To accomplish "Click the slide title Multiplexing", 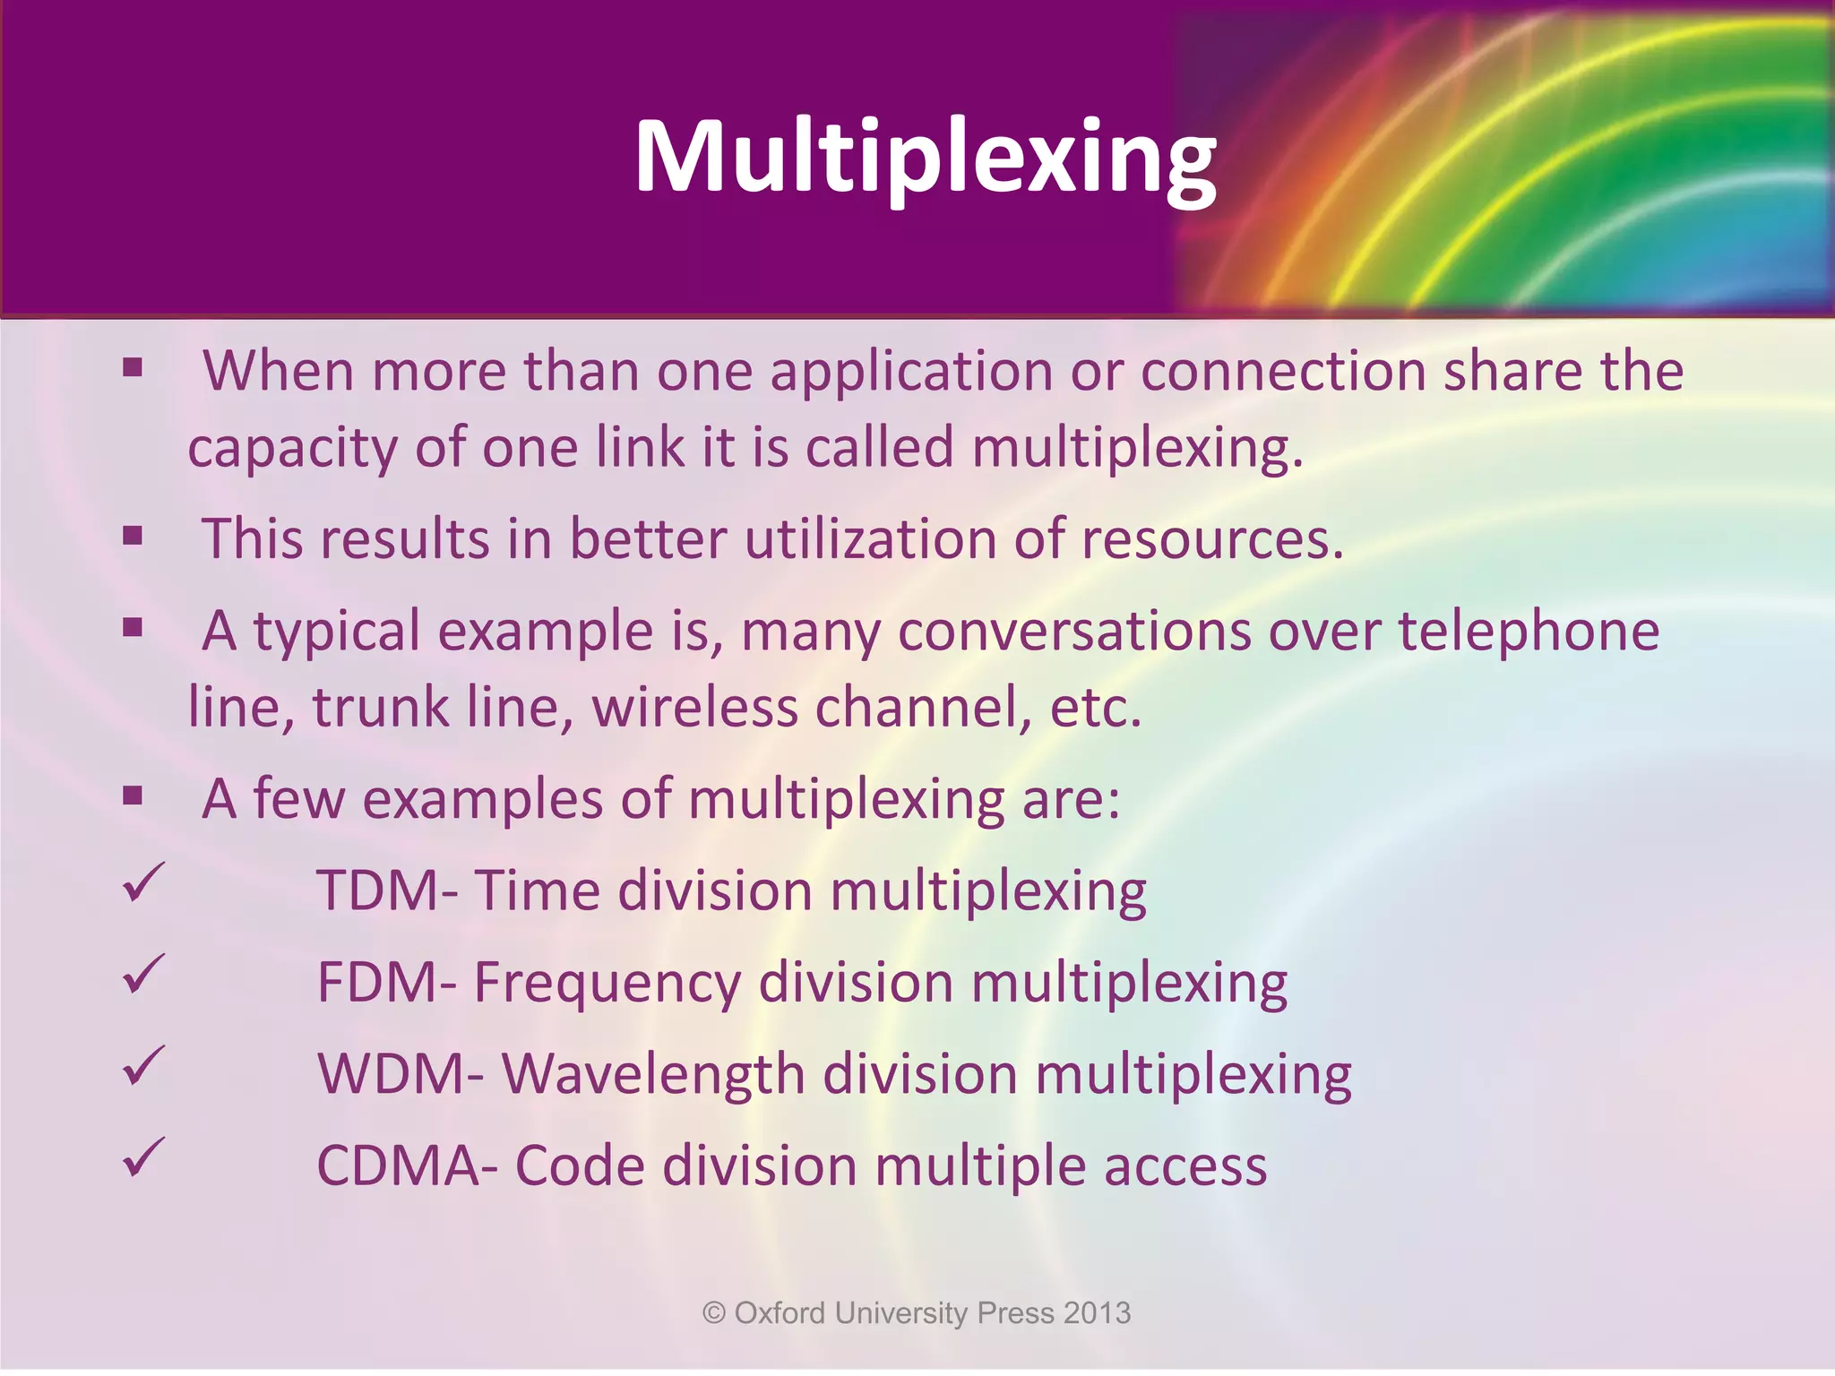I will [925, 157].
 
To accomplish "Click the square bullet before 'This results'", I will [134, 536].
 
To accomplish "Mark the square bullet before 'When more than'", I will [134, 367].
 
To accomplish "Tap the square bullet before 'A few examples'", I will [134, 795].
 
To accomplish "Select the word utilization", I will [870, 539].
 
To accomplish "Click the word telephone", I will [1529, 632].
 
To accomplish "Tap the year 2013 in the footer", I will [1098, 1313].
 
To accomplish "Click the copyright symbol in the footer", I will [714, 1313].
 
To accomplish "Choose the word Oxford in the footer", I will [780, 1313].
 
